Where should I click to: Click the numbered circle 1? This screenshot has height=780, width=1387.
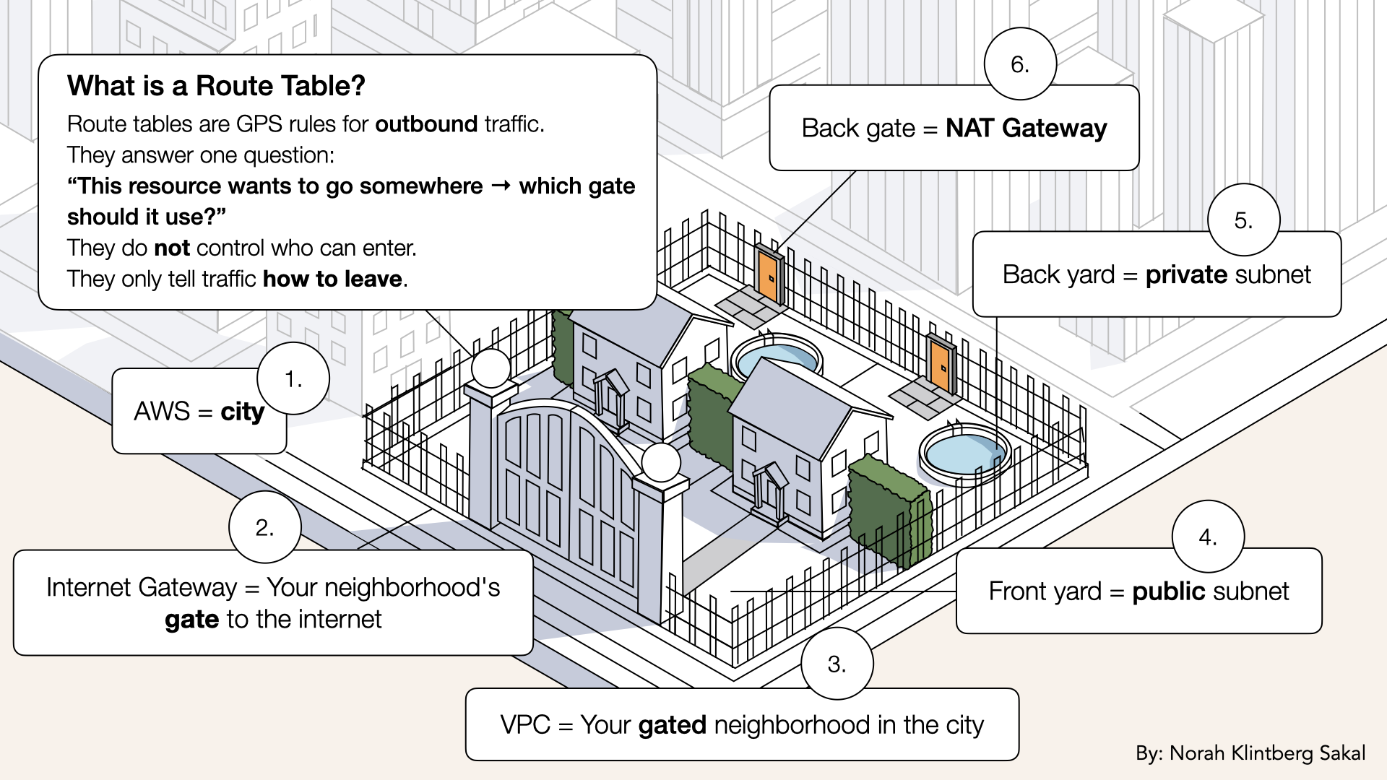(293, 379)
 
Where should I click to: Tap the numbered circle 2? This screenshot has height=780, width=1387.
(264, 527)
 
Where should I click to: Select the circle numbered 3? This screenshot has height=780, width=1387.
(837, 664)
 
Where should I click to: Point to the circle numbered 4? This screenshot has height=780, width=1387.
(1208, 537)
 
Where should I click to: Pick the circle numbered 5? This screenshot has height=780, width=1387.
(1243, 220)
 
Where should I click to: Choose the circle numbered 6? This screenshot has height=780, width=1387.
(1020, 64)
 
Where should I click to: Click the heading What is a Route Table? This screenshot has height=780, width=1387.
(216, 86)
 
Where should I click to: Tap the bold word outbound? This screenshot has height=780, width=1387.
(426, 124)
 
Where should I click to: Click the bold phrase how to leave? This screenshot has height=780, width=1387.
(332, 279)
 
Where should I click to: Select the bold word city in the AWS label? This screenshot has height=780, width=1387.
(242, 412)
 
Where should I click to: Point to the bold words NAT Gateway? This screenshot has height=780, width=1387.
(1026, 129)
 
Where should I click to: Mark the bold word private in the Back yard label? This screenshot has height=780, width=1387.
(1186, 274)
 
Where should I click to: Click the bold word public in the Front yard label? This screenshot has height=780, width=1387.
(1169, 591)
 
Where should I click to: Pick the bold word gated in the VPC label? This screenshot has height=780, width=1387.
(672, 725)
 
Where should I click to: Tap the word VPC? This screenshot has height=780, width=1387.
(525, 725)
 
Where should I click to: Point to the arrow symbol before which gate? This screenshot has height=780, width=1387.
(501, 186)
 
